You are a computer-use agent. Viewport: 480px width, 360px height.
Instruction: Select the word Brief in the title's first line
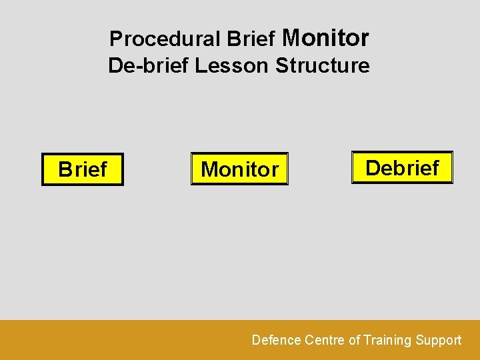(251, 39)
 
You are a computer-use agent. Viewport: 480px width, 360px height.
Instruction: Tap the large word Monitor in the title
(325, 38)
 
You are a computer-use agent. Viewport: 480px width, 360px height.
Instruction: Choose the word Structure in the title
(322, 66)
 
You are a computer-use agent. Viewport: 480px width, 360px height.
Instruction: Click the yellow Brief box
(83, 169)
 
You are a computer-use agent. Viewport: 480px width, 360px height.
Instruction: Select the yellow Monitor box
(239, 169)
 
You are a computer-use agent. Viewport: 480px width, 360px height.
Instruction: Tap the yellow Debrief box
(402, 167)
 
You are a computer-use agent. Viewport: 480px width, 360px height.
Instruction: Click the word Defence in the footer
(276, 340)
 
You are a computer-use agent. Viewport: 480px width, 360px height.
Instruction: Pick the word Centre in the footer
(325, 340)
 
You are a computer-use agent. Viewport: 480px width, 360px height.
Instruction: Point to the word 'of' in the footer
(354, 340)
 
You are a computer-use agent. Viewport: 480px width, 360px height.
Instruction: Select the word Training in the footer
(387, 340)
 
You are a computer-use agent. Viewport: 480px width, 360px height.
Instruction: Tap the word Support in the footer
(438, 340)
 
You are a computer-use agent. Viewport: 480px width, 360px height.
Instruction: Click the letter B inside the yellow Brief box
(65, 169)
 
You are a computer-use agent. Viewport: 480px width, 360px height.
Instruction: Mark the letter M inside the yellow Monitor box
(209, 169)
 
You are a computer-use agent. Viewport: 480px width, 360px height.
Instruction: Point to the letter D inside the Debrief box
(373, 167)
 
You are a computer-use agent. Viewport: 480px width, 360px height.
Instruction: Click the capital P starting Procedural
(115, 39)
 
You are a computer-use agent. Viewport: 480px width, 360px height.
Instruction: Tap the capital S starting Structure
(281, 66)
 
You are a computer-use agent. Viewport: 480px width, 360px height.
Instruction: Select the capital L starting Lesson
(200, 66)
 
